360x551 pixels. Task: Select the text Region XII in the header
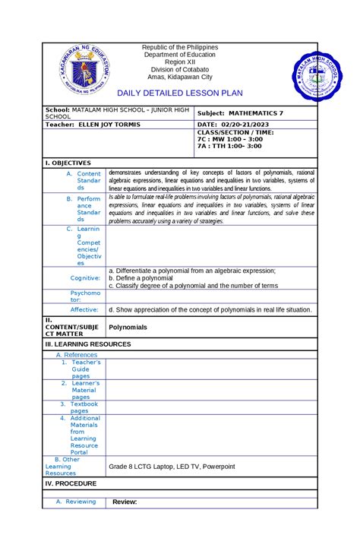tap(180, 66)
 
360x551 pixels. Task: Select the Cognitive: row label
tap(85, 278)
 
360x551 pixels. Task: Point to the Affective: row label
tap(85, 310)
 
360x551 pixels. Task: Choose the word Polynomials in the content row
tap(128, 327)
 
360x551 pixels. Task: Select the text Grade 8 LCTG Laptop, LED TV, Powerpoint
tap(172, 466)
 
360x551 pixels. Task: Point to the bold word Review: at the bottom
tap(124, 502)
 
